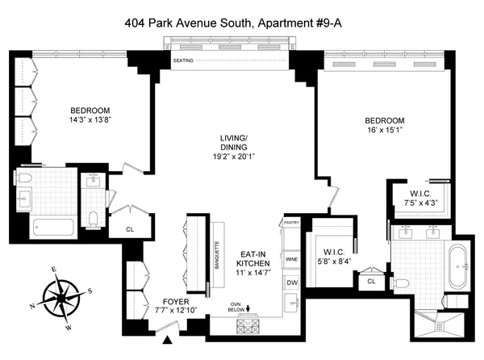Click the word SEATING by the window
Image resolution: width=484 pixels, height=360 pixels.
[x=183, y=61]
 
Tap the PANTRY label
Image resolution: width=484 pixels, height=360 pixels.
[x=291, y=223]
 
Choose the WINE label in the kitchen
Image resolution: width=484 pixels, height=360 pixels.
[x=292, y=258]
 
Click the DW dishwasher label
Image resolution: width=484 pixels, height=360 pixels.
[x=292, y=283]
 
